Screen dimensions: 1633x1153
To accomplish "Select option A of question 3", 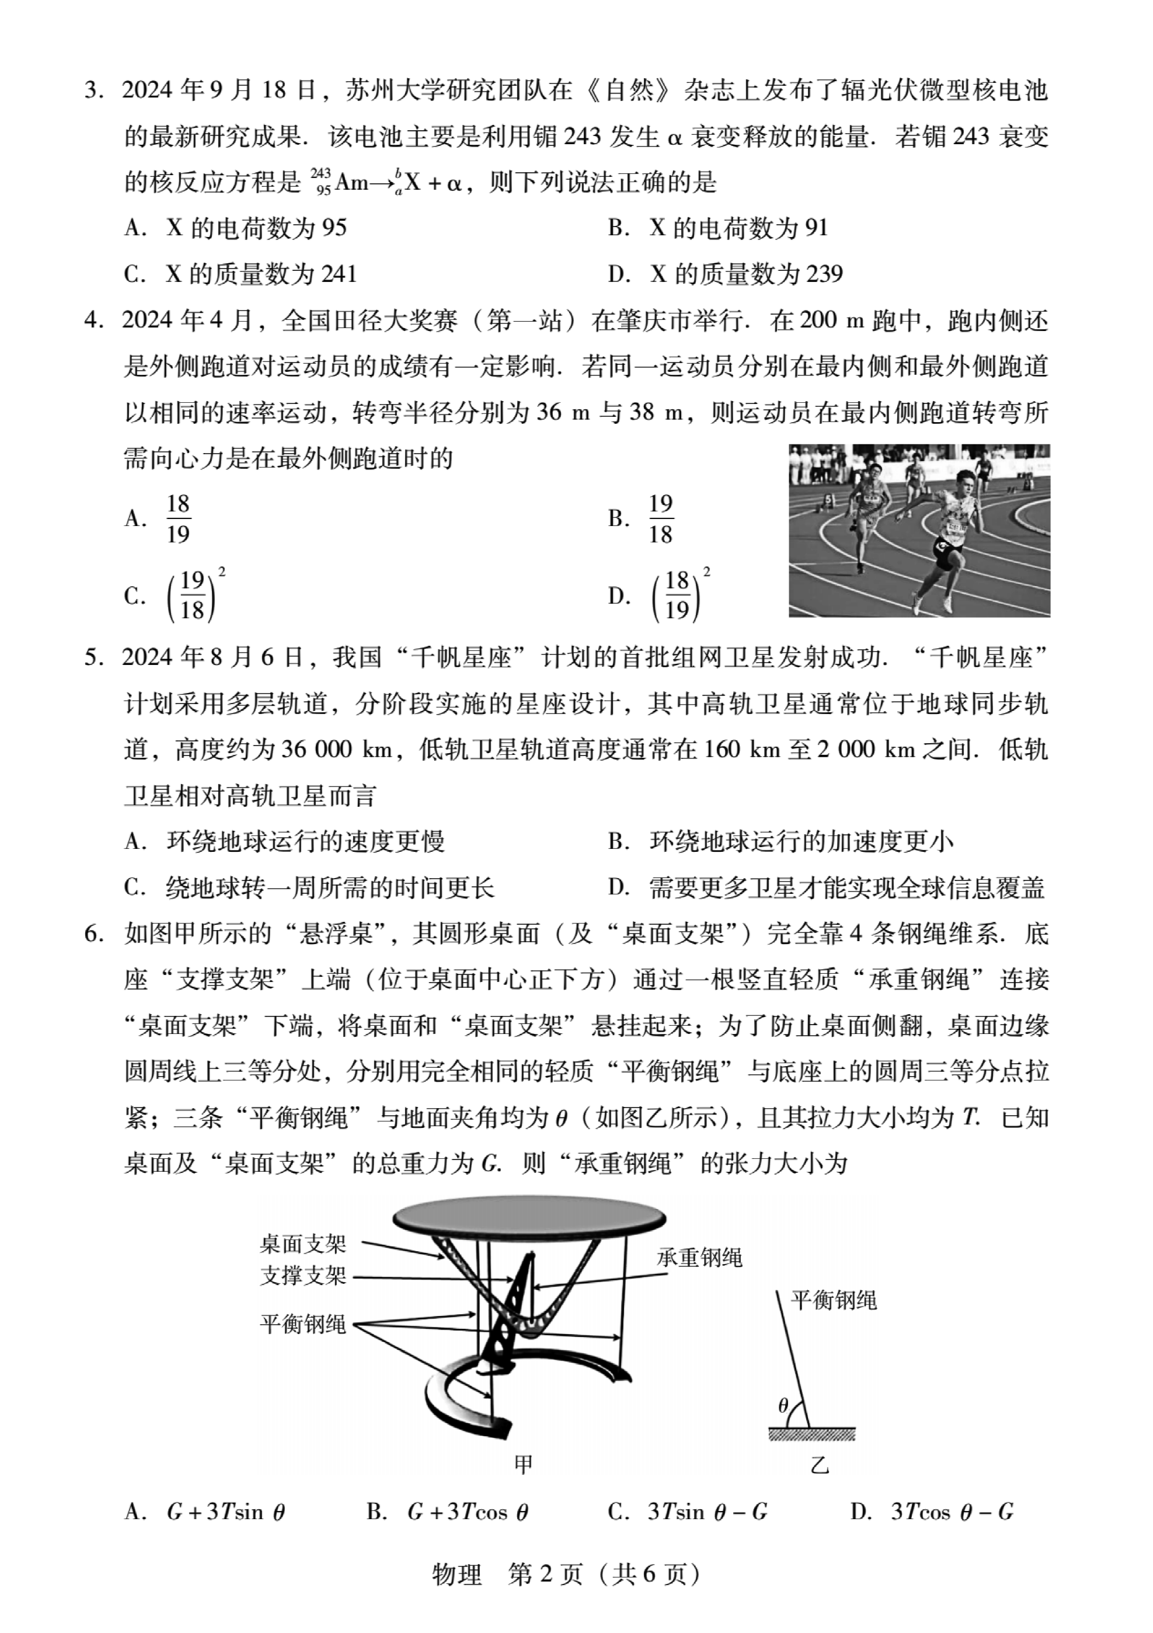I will [235, 228].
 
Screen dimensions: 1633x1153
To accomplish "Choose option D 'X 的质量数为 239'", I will [726, 274].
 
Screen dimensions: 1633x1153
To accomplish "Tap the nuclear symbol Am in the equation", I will [351, 183].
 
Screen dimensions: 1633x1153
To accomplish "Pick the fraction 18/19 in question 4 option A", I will [178, 518].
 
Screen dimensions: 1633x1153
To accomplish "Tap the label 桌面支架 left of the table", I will [303, 1244].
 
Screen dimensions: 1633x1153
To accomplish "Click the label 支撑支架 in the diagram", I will [303, 1275].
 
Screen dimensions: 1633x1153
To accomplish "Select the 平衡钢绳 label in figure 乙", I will [834, 1300].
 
